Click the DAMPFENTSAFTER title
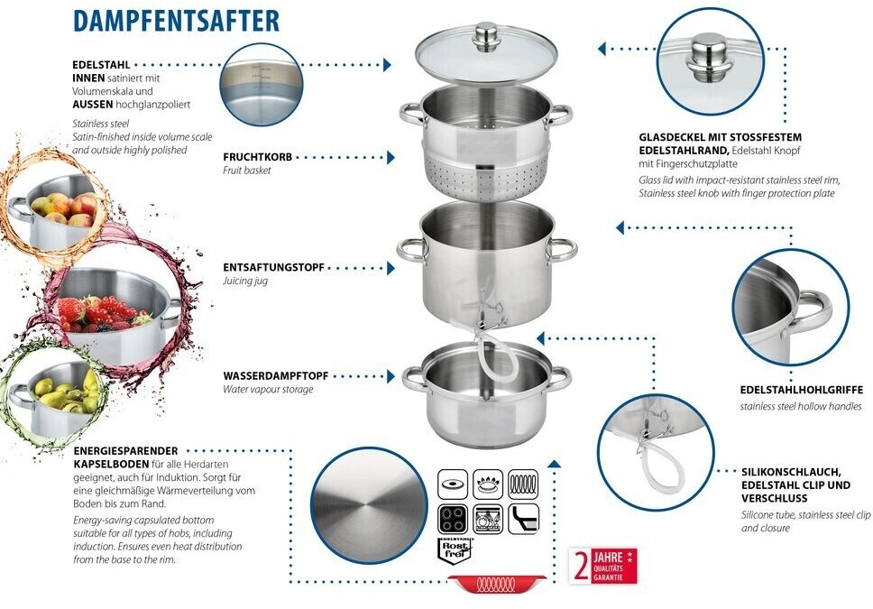coord(176,21)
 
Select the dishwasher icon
coord(487,519)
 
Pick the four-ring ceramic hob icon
coord(452,519)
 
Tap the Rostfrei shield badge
coord(452,550)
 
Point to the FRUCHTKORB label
coord(257,157)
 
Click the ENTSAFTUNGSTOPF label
coord(273,268)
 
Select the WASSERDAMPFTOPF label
coord(275,375)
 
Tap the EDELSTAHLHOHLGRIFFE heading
coord(801,390)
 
